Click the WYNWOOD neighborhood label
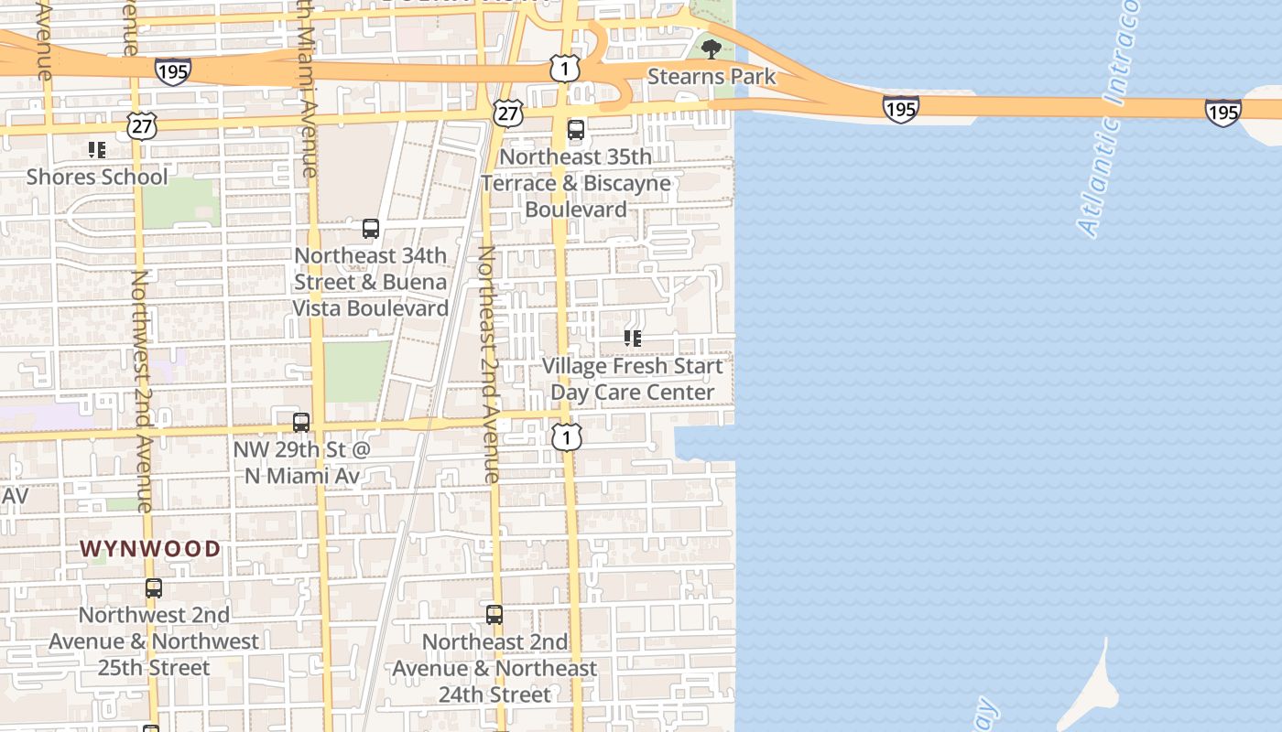click(150, 549)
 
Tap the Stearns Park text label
click(712, 77)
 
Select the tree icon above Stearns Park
click(710, 48)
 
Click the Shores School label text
click(97, 177)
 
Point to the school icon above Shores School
click(96, 150)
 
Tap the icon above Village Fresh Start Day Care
click(632, 339)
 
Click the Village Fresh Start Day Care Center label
click(633, 379)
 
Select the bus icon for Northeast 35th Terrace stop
click(575, 130)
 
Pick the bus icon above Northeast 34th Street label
click(371, 229)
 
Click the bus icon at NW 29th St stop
click(301, 423)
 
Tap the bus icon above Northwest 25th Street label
click(154, 588)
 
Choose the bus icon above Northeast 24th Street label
click(494, 615)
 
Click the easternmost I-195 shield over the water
click(1222, 112)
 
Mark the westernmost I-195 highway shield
click(172, 72)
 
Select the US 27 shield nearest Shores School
click(141, 125)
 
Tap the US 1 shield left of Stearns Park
click(565, 68)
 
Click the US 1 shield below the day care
click(566, 437)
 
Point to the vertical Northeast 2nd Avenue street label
click(490, 364)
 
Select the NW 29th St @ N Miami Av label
click(301, 463)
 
